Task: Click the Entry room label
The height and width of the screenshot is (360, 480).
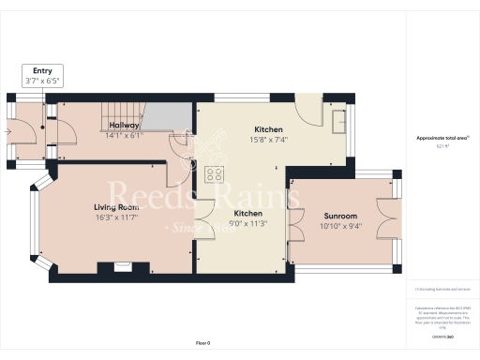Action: click(x=42, y=70)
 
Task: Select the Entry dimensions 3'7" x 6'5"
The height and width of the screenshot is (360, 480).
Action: click(x=42, y=81)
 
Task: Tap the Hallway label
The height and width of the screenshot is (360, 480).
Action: click(x=124, y=125)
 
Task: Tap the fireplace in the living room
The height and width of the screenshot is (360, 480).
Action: click(x=123, y=266)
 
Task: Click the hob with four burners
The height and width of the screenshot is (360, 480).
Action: click(x=214, y=173)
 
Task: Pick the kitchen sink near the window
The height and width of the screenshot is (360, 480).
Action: click(x=337, y=119)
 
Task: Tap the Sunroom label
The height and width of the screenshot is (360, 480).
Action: click(x=338, y=215)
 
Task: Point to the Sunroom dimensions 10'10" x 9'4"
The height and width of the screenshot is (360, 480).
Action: click(x=338, y=225)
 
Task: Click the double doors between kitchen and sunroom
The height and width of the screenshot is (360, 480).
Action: click(x=292, y=225)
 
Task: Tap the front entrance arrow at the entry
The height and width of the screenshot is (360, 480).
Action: click(x=10, y=132)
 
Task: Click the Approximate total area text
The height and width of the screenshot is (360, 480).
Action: click(x=442, y=138)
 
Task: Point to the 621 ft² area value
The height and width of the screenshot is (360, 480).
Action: click(x=442, y=146)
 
